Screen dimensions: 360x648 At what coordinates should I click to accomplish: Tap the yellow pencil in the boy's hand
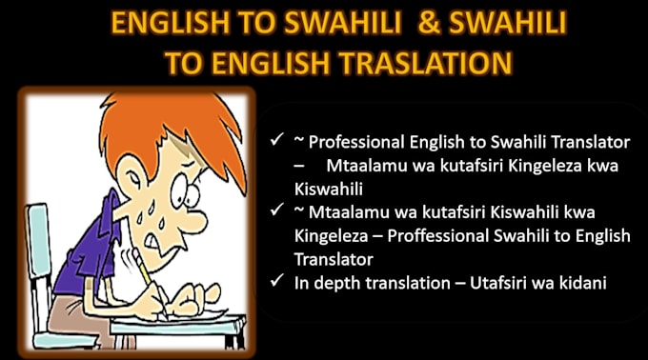[x=152, y=291]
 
